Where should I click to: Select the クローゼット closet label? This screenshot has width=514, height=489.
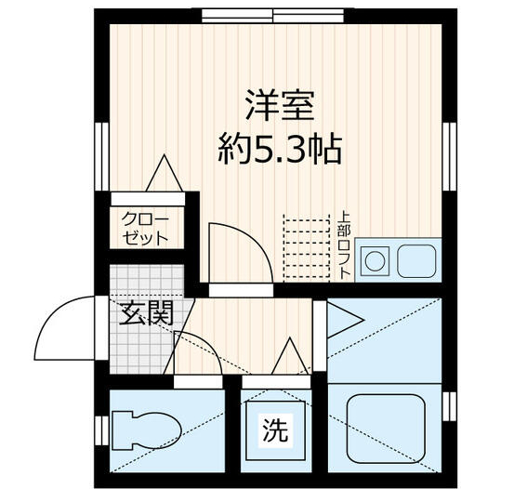(x=145, y=228)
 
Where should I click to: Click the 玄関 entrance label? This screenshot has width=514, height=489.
(x=146, y=313)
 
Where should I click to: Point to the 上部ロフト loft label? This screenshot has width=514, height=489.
(x=344, y=247)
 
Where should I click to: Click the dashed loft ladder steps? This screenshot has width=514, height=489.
(x=307, y=247)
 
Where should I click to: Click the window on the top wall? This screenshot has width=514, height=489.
(x=274, y=13)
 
